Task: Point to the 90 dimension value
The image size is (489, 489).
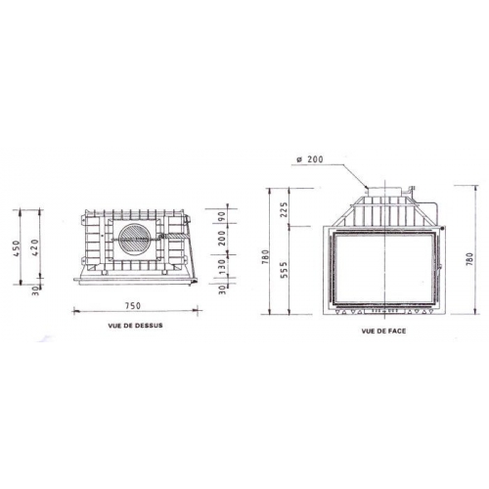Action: tap(222, 217)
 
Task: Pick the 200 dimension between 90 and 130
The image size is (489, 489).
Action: tap(222, 240)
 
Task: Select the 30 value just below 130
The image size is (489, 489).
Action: tap(222, 287)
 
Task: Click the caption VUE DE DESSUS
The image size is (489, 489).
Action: tap(136, 327)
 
